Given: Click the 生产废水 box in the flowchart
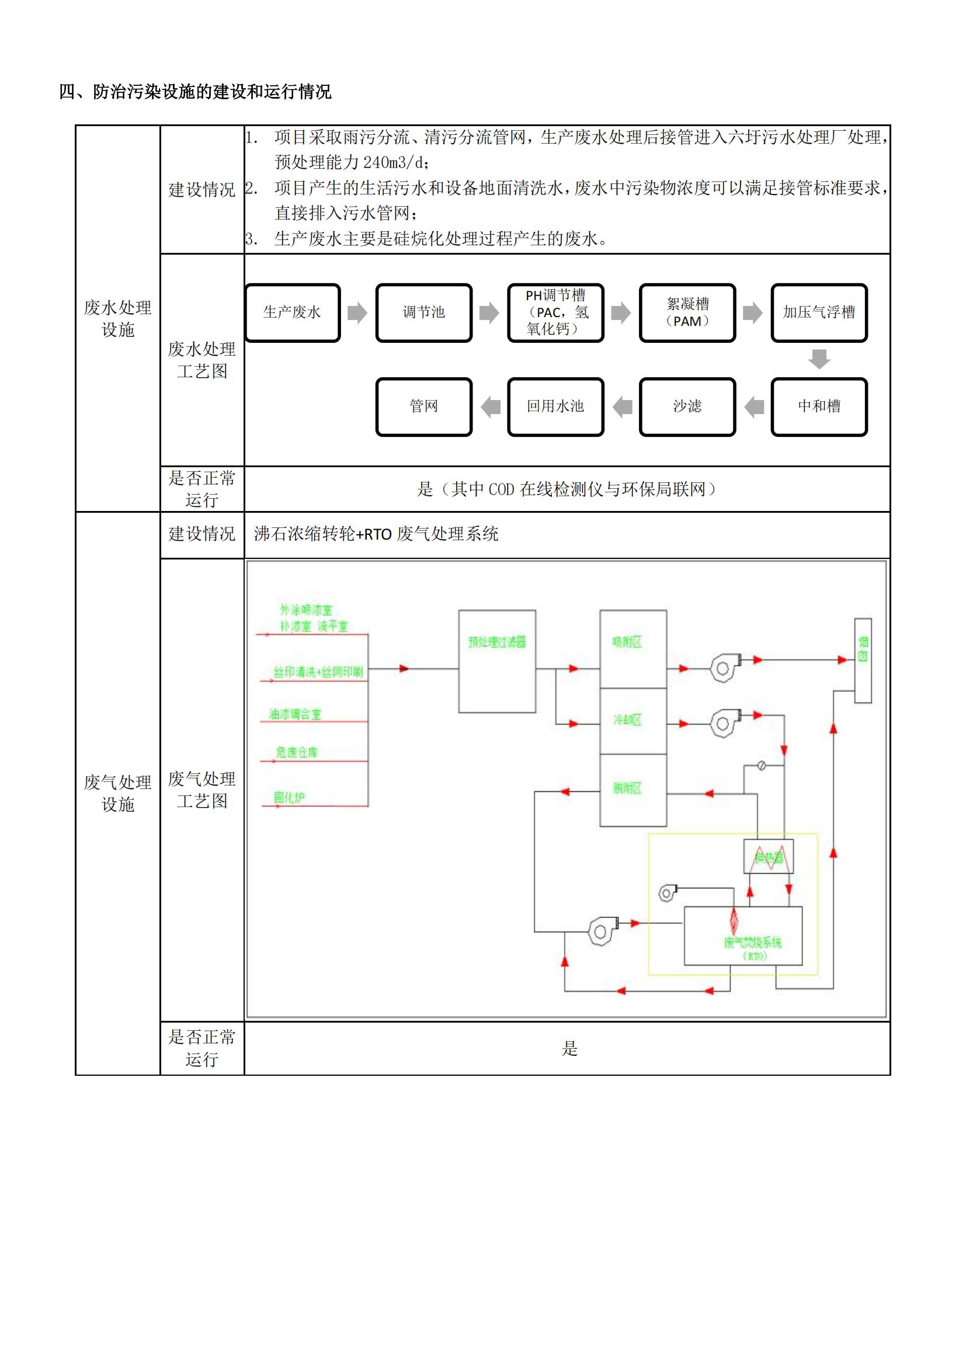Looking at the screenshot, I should click(x=292, y=312).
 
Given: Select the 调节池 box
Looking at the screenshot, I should click(x=423, y=312).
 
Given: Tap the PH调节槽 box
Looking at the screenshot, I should click(x=555, y=312).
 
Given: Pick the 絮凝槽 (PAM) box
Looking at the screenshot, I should click(x=687, y=312).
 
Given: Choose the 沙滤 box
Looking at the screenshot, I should click(x=687, y=406).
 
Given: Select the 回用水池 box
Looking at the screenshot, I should click(x=555, y=406).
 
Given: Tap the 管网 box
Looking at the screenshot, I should click(x=423, y=406).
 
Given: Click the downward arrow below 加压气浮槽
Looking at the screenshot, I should click(x=819, y=359).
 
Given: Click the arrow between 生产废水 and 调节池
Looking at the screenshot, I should click(x=357, y=312).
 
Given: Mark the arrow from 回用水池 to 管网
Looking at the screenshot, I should click(x=491, y=407).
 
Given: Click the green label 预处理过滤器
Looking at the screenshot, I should click(x=496, y=642).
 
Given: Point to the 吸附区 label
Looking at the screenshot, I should click(x=627, y=642).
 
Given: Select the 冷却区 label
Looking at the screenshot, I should click(x=627, y=720).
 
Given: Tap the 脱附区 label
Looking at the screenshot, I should click(x=627, y=789).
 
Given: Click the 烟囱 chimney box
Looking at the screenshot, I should click(x=863, y=661).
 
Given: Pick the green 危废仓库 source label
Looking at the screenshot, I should click(x=296, y=753).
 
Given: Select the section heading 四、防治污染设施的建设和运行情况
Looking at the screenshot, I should click(x=195, y=92).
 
